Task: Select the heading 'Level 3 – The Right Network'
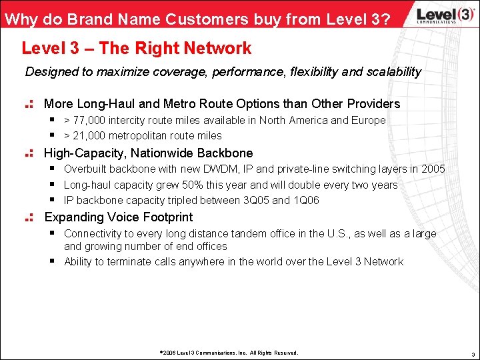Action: click(137, 48)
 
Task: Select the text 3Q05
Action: click(255, 200)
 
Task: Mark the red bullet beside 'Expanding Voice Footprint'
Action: click(29, 217)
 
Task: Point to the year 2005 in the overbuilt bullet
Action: click(432, 169)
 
